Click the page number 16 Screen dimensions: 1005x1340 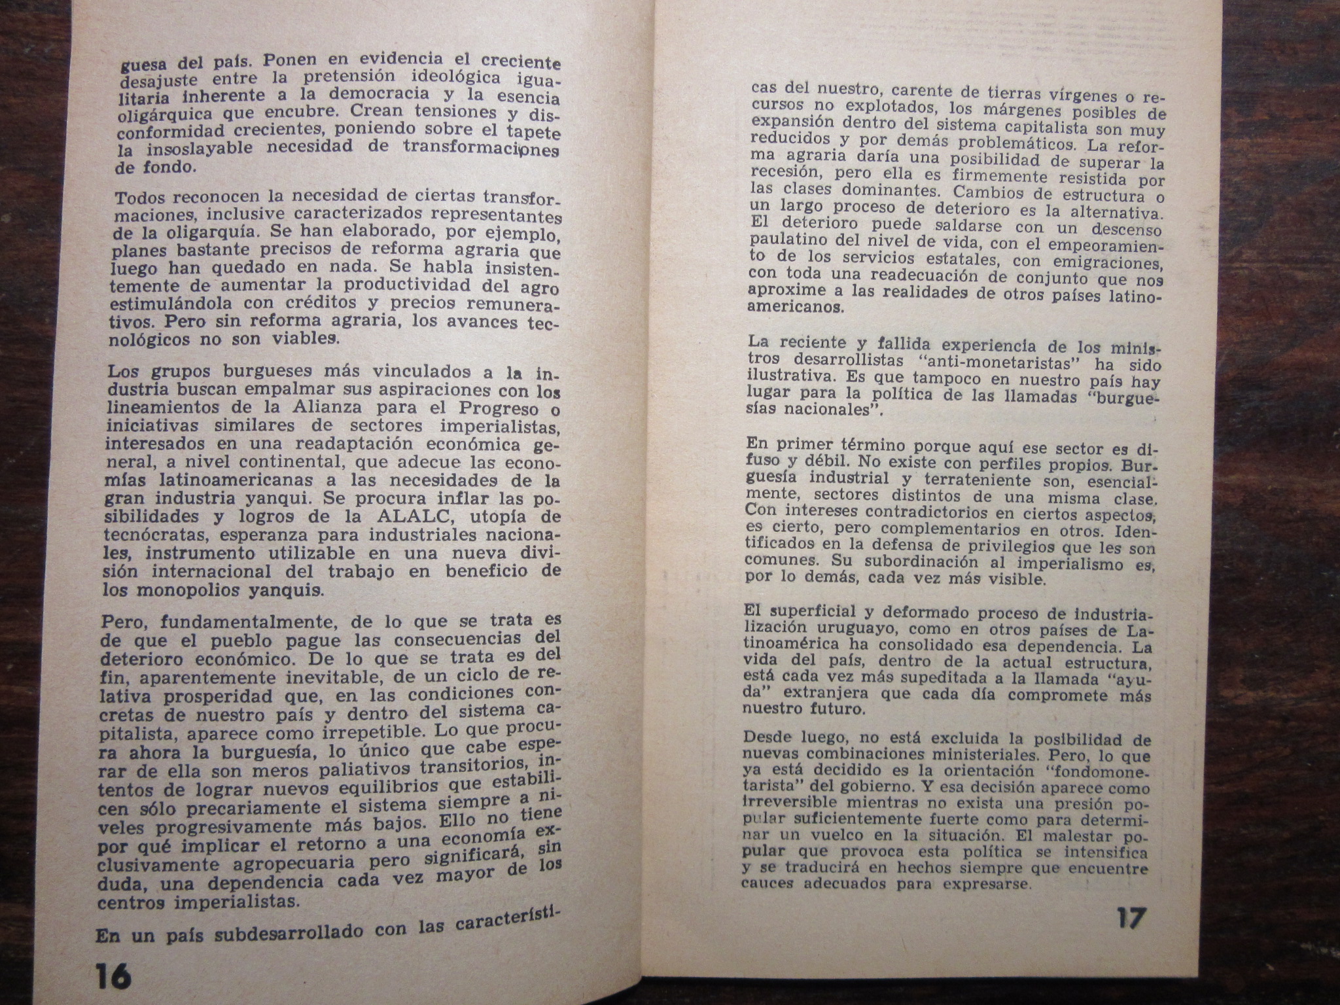coord(112,978)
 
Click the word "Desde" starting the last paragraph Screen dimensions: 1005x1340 coord(768,737)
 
